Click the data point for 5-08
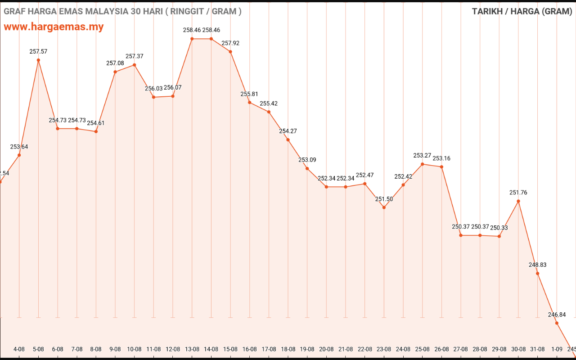pyautogui.click(x=38, y=60)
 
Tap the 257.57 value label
pyautogui.click(x=38, y=52)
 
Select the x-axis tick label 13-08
pyautogui.click(x=192, y=349)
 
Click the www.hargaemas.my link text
pyautogui.click(x=54, y=27)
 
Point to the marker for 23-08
pyautogui.click(x=384, y=207)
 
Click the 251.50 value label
pyautogui.click(x=384, y=199)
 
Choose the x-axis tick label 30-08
pyautogui.click(x=518, y=349)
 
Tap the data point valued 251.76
pyautogui.click(x=518, y=201)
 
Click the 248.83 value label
pyautogui.click(x=537, y=265)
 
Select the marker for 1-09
pyautogui.click(x=557, y=323)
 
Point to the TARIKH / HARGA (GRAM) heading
pyautogui.click(x=522, y=11)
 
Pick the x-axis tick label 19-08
pyautogui.click(x=307, y=349)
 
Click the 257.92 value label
pyautogui.click(x=230, y=43)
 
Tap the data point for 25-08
pyautogui.click(x=422, y=164)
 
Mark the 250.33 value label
pyautogui.click(x=499, y=228)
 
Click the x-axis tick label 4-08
pyautogui.click(x=19, y=349)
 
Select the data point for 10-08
pyautogui.click(x=135, y=65)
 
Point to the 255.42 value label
pyautogui.click(x=269, y=103)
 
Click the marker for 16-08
pyautogui.click(x=250, y=103)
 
